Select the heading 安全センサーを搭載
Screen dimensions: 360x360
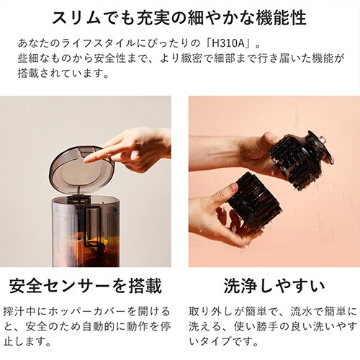tap(86, 286)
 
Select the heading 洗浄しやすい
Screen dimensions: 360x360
tap(274, 286)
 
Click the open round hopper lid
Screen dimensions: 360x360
tap(81, 167)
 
